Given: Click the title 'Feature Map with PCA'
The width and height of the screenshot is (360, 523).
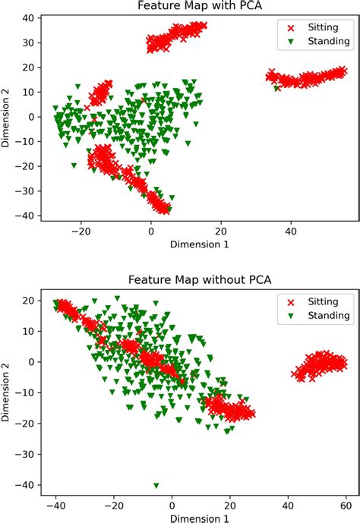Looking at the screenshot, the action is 200,5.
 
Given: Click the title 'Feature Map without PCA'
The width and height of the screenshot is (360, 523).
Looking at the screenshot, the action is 200,279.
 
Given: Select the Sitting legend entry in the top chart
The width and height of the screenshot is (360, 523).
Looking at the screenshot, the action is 313,27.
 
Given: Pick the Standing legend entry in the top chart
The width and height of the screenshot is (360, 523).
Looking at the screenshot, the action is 318,41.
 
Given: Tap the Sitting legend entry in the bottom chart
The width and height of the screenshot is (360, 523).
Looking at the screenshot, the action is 313,302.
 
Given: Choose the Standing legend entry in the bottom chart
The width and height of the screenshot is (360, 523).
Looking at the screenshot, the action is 318,316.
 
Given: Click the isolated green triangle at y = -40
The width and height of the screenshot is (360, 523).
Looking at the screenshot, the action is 156,486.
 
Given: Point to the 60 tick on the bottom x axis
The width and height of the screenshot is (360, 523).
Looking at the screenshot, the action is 346,506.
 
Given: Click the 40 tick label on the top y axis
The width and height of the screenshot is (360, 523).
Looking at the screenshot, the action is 28,17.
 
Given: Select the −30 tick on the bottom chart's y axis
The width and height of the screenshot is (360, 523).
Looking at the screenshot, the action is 24,454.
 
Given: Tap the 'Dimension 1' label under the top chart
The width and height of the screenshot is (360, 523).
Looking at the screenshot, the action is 200,244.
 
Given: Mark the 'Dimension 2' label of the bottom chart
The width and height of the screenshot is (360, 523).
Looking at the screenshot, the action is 5,392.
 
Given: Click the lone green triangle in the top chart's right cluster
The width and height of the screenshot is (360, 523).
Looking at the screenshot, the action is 276,88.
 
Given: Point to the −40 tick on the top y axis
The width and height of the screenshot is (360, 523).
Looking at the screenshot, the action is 24,216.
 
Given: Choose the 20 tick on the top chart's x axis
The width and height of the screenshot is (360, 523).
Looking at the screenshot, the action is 221,232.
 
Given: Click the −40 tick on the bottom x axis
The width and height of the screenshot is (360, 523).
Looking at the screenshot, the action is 56,506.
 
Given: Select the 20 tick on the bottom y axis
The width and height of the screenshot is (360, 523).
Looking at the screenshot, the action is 28,300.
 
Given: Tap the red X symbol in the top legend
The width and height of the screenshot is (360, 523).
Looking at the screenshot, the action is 291,28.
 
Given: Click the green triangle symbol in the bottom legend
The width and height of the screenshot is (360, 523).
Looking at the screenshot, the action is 291,316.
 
